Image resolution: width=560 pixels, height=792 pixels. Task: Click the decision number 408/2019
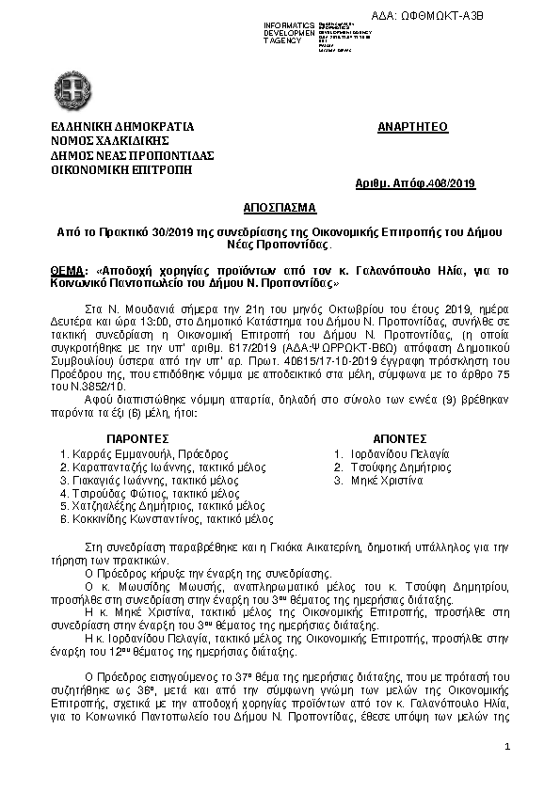coord(452,183)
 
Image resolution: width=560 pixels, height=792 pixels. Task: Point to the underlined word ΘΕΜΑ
coord(70,269)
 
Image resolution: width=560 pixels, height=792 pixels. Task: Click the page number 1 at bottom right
coord(506,747)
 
